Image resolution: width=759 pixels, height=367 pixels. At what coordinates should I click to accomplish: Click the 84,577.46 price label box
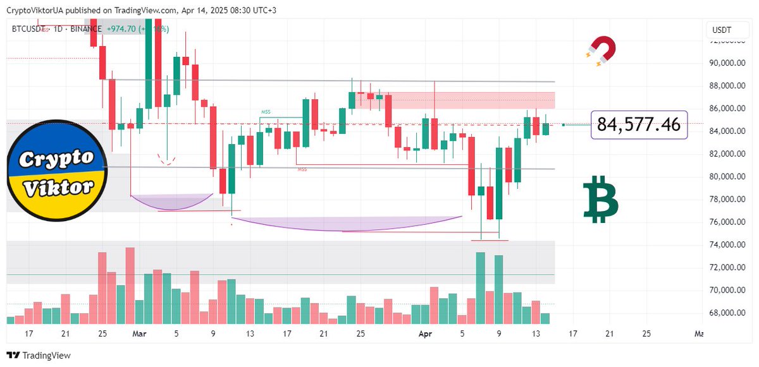coord(639,125)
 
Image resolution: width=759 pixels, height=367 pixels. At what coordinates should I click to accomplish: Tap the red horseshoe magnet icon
coord(601,51)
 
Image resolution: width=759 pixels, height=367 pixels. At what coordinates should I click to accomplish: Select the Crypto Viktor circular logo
coord(56,171)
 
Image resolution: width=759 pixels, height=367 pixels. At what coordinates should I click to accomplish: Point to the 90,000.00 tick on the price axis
coord(725,63)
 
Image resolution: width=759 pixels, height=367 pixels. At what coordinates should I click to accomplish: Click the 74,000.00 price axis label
coord(725,245)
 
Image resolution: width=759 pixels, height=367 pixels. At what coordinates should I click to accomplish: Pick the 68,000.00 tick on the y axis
coord(725,313)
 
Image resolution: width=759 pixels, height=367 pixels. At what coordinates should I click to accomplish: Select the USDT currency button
coord(722,30)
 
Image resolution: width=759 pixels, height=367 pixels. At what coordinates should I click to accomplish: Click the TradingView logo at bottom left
coord(39,356)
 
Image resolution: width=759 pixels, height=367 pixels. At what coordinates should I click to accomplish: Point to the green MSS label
coord(266,112)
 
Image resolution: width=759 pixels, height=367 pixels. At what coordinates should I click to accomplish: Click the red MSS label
coord(302,169)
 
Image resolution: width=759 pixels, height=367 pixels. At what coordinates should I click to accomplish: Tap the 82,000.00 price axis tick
coord(725,154)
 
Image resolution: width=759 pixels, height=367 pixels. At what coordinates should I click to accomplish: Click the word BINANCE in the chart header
coord(86,29)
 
